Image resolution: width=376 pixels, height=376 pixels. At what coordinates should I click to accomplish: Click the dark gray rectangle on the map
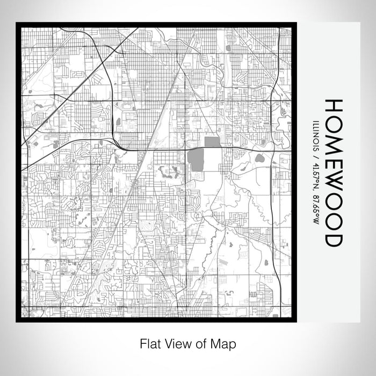pyautogui.click(x=213, y=142)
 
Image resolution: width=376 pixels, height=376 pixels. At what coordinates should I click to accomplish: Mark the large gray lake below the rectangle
pyautogui.click(x=197, y=160)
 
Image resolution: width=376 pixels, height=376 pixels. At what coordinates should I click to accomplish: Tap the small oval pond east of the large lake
pyautogui.click(x=260, y=158)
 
